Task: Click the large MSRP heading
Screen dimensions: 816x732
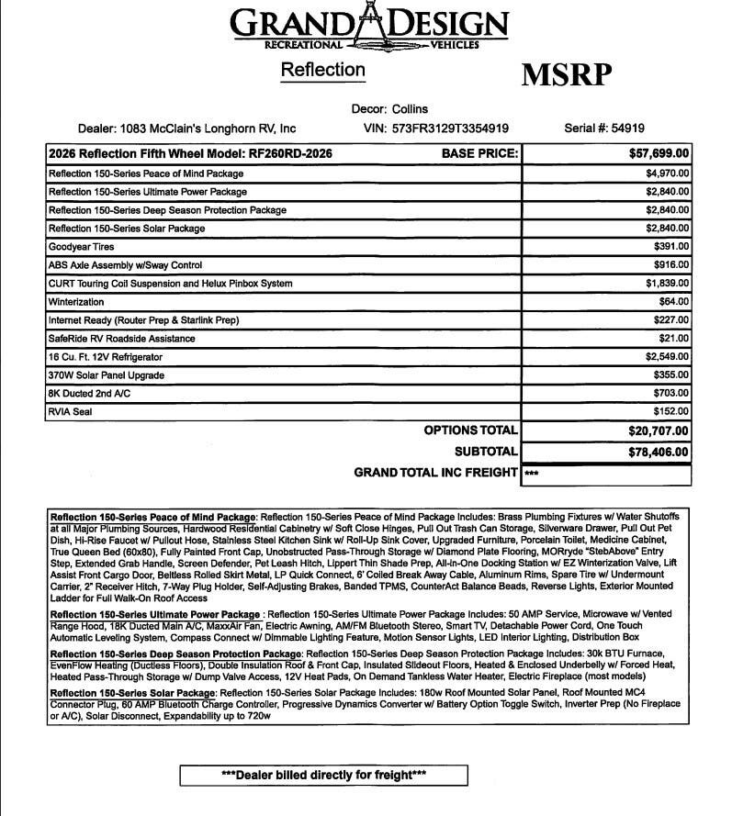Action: tap(566, 73)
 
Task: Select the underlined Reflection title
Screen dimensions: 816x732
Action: tap(322, 70)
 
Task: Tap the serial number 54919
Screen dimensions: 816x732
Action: tap(625, 129)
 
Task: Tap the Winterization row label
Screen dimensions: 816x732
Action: tap(76, 302)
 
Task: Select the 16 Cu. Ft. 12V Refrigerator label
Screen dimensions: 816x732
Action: tap(106, 357)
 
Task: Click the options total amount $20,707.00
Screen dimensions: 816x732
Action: tap(659, 430)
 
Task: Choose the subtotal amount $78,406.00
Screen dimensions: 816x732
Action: tap(659, 452)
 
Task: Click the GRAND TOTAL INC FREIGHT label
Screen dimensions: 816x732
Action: tap(435, 473)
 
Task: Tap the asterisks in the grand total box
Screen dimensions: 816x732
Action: tap(532, 475)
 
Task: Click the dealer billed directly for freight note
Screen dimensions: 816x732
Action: tap(324, 776)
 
